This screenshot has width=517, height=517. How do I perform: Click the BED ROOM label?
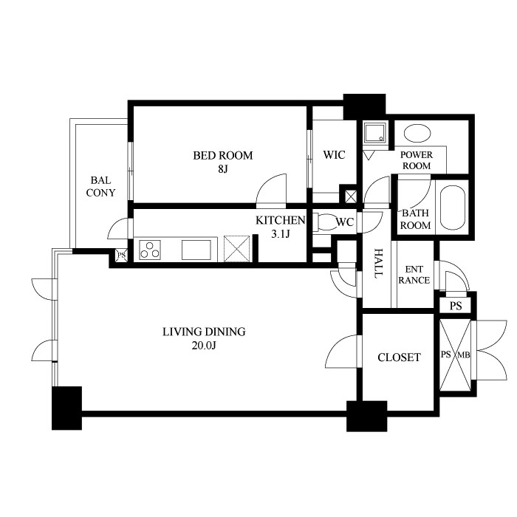click(x=223, y=155)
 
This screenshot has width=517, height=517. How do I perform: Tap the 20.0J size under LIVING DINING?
click(x=204, y=346)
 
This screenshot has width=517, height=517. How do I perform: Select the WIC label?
click(x=334, y=154)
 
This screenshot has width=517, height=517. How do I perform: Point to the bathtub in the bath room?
click(x=452, y=208)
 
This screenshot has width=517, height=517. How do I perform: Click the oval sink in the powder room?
click(x=417, y=134)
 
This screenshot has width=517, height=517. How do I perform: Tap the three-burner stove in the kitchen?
click(x=150, y=250)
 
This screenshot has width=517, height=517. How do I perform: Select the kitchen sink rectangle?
click(x=196, y=250)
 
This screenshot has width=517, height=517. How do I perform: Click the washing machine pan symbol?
click(x=375, y=132)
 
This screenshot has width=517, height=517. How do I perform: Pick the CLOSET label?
click(x=399, y=357)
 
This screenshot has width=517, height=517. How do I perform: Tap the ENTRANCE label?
click(x=414, y=275)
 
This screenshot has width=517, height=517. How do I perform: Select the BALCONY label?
click(x=100, y=187)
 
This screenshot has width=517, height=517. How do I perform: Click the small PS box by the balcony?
click(x=121, y=256)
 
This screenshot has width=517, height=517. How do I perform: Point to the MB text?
click(x=465, y=355)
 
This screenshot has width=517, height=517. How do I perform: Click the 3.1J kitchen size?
click(x=280, y=234)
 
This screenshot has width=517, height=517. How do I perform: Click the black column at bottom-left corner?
click(x=66, y=408)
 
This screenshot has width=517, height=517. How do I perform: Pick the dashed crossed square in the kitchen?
click(x=237, y=249)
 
